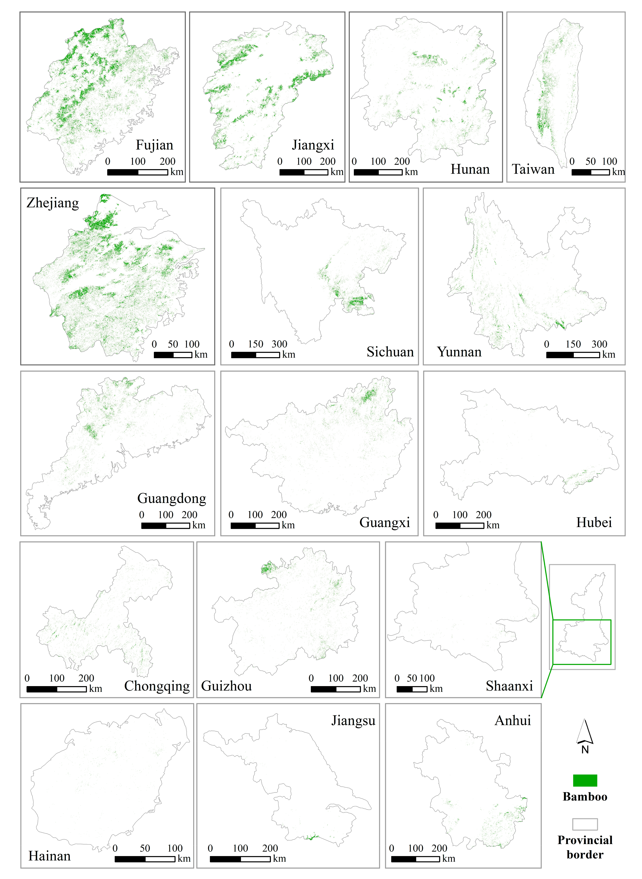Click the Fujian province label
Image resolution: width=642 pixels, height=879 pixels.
154,145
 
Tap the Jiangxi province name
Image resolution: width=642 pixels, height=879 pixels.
313,145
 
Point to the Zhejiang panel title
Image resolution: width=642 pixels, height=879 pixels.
52,203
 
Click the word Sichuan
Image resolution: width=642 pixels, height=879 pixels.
390,352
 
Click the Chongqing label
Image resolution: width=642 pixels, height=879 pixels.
157,686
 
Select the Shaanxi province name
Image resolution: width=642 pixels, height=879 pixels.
509,686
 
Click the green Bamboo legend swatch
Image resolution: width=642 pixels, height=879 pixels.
585,780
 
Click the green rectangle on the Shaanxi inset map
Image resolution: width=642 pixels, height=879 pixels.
582,642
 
